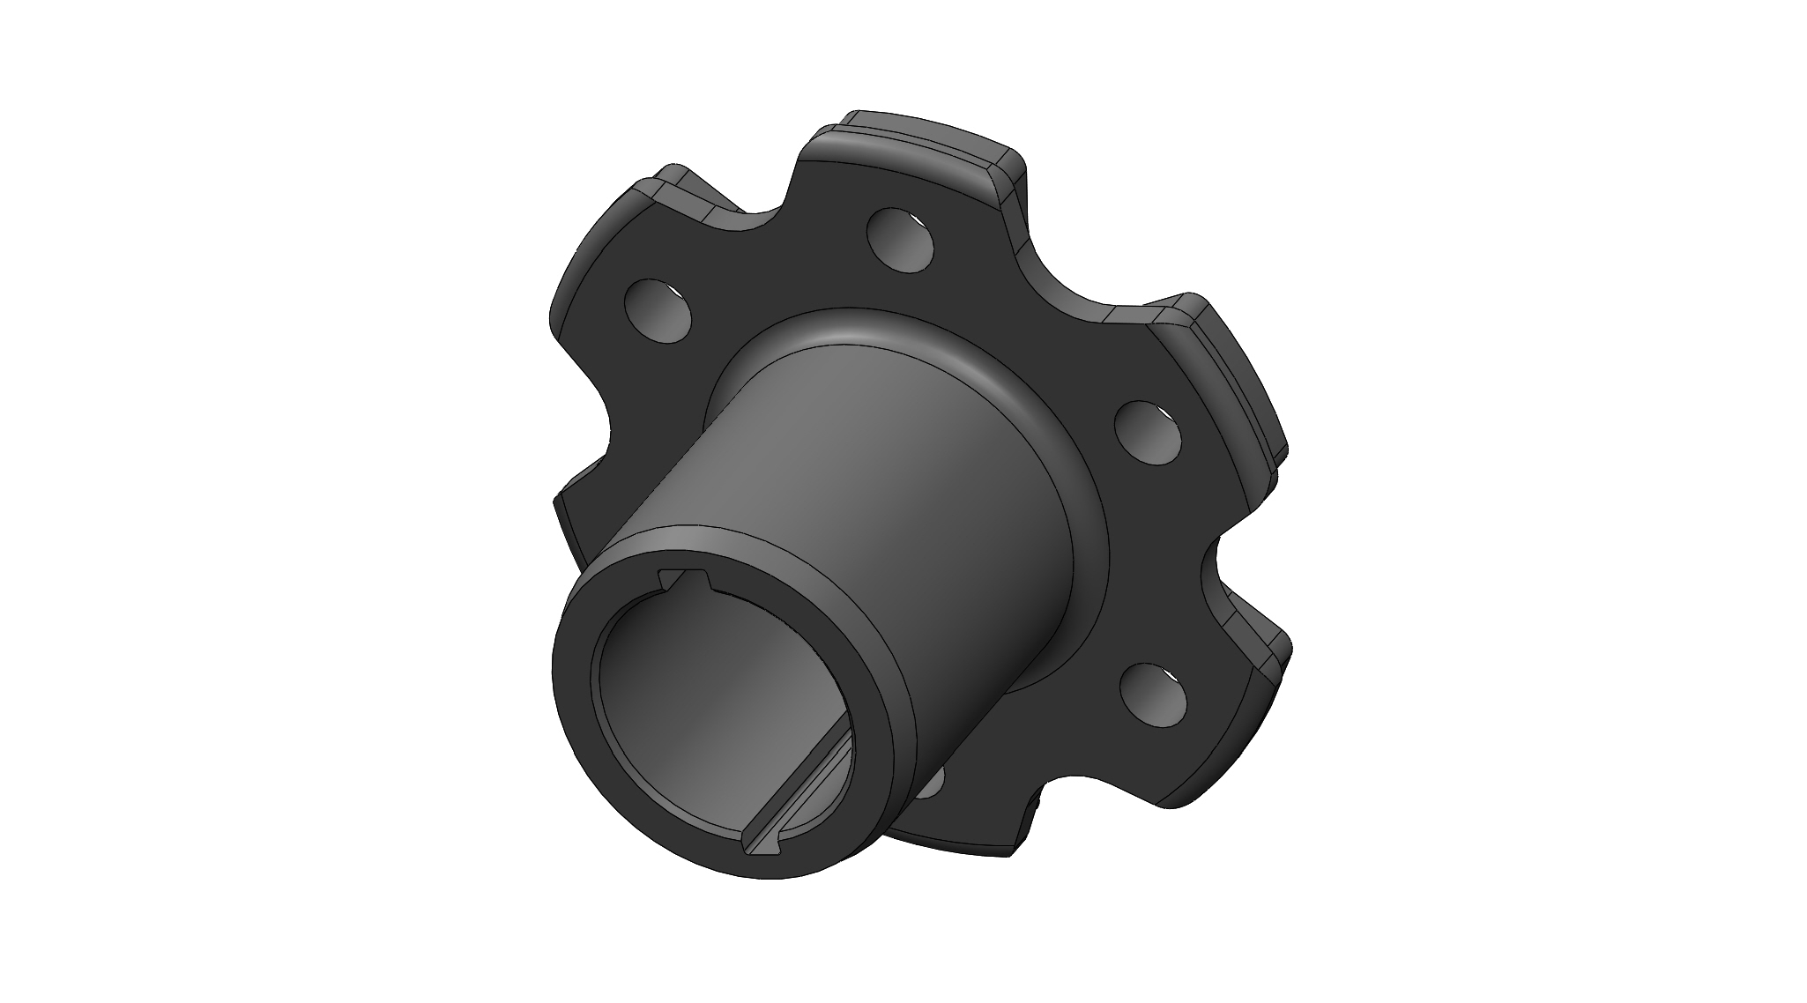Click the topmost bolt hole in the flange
coord(900,238)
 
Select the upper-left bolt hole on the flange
coord(657,310)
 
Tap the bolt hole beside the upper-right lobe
coord(1148,432)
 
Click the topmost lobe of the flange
coord(917,159)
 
